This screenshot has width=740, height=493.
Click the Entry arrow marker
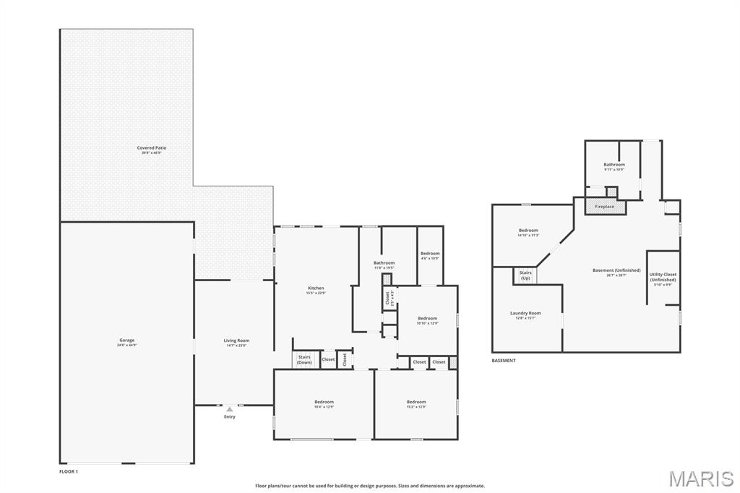click(x=230, y=410)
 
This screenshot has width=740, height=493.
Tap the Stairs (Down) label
click(x=304, y=359)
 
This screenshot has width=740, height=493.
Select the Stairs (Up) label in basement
click(x=525, y=275)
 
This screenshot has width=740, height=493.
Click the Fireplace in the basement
click(x=604, y=207)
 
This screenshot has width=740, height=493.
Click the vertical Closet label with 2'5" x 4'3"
click(x=388, y=297)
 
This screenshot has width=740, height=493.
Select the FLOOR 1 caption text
click(x=69, y=471)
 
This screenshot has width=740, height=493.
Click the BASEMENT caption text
click(x=504, y=360)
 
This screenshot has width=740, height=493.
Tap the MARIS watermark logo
click(x=700, y=479)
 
